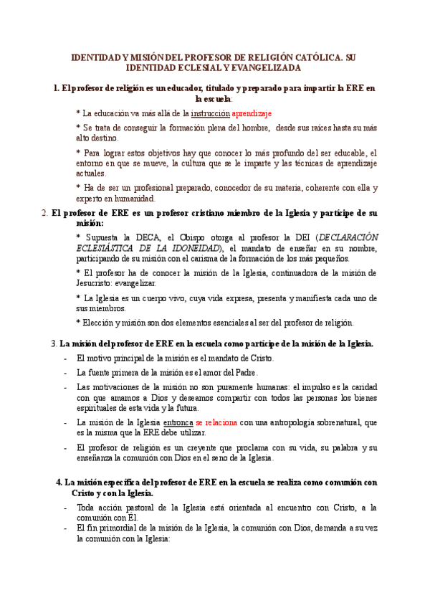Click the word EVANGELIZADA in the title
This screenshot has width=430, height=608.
click(266, 67)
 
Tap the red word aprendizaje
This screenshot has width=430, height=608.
click(252, 113)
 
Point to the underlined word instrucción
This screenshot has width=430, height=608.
click(210, 113)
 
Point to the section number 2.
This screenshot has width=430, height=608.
click(45, 213)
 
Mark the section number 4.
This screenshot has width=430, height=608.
click(59, 482)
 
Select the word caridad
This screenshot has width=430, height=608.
click(360, 386)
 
